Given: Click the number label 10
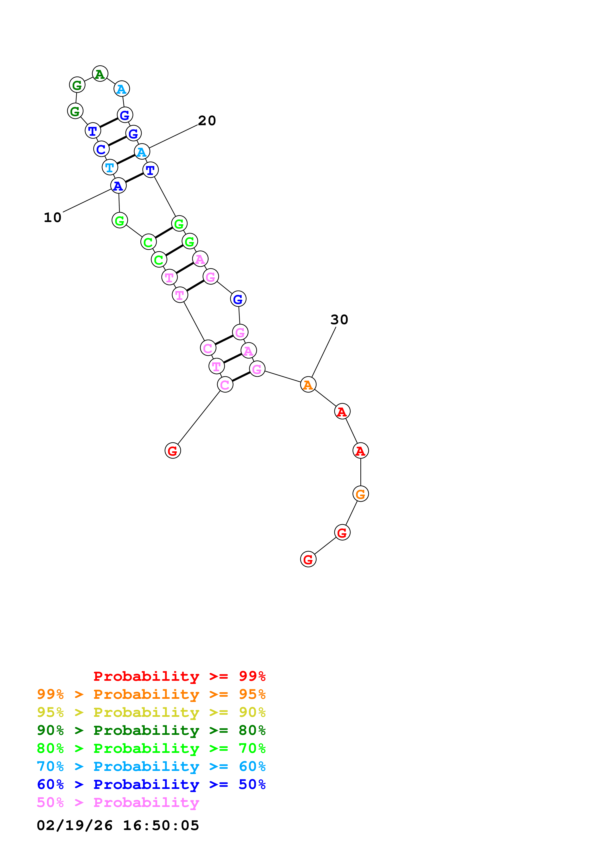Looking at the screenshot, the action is [52, 217].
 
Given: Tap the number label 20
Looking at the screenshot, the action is [207, 120].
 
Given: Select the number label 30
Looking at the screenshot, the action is [339, 319].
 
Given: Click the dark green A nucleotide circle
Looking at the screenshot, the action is [100, 74].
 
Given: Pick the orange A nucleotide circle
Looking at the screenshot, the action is [308, 384].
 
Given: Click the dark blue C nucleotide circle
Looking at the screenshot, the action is [101, 149].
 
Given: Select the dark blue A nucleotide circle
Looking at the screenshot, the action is [118, 186].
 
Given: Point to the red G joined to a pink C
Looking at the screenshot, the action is [173, 451].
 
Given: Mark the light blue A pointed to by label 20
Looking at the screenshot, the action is [142, 152].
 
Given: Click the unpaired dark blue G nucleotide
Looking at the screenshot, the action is [238, 299].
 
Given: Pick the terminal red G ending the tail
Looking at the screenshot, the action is [308, 559].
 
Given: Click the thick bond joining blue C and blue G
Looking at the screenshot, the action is [117, 141].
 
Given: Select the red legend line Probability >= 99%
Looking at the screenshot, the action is [179, 676].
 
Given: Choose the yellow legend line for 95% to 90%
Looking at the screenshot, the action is [151, 712].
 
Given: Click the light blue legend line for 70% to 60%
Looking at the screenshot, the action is [151, 766].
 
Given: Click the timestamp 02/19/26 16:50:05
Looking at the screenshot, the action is [118, 825].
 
